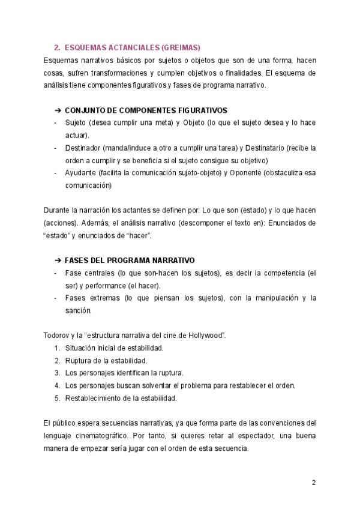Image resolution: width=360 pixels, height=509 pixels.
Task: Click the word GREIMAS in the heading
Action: [181, 47]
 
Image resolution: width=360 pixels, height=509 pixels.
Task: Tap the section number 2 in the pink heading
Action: [56, 47]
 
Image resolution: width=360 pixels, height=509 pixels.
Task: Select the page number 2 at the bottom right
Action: [313, 483]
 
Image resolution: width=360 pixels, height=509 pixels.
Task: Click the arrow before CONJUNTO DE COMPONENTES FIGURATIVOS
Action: [58, 110]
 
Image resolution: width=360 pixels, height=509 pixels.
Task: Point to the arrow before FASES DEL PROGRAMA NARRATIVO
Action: [58, 261]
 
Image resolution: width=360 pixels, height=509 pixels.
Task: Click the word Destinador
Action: [84, 148]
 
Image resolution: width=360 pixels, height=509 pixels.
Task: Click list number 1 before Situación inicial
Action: [56, 348]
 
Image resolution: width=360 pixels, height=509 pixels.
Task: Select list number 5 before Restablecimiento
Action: [56, 398]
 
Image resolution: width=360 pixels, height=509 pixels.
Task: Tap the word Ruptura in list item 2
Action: [79, 360]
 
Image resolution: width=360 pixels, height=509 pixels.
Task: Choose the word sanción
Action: [78, 310]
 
